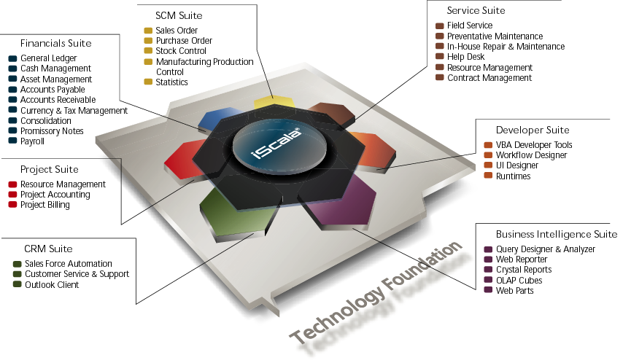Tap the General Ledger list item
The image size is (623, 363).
tap(48, 58)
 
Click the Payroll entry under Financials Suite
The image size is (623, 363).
tap(32, 141)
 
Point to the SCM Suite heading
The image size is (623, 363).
tap(179, 15)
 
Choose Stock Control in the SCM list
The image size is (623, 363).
tap(181, 51)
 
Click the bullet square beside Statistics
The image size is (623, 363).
tap(148, 82)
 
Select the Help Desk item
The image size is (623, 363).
tap(467, 57)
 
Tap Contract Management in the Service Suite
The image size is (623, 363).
tap(489, 78)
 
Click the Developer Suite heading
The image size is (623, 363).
tap(533, 130)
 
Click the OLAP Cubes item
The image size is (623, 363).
tap(519, 281)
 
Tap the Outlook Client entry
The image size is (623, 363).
tap(52, 284)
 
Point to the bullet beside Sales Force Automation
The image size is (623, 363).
tap(18, 264)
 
